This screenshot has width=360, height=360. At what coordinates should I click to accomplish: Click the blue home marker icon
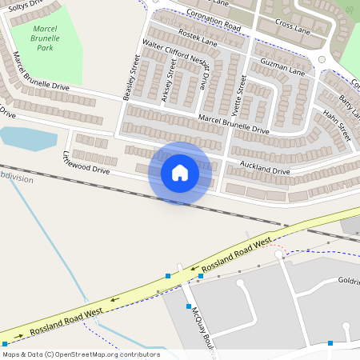[180, 172]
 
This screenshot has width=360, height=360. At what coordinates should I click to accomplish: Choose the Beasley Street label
[129, 78]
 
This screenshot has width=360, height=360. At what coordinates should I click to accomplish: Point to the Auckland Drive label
[265, 169]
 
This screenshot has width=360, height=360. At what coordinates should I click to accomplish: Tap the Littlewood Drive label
[86, 162]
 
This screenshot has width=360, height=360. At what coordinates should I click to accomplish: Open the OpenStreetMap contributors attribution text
[80, 354]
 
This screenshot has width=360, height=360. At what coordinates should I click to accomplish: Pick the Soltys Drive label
[22, 5]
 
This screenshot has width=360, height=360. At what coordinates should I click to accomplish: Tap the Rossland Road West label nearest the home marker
[238, 252]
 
